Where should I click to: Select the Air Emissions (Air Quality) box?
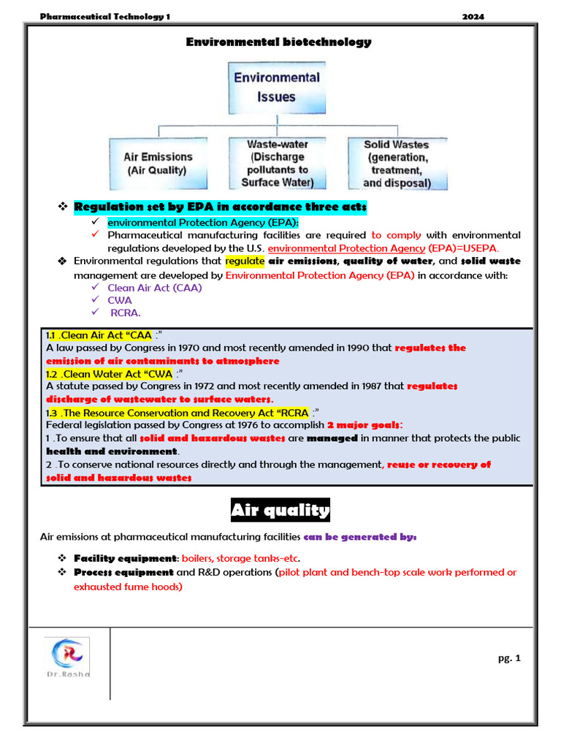(159, 164)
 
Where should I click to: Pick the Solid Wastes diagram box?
(396, 164)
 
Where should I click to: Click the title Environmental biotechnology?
(278, 42)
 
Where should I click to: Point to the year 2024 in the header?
(473, 17)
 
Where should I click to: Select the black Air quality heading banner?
(280, 510)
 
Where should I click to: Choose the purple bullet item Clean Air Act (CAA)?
(154, 288)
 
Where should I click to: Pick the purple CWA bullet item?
(120, 300)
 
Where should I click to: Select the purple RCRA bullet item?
(125, 313)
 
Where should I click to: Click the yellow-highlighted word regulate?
(245, 261)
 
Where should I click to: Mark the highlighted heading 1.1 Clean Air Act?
(99, 335)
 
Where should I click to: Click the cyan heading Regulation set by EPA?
(220, 207)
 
